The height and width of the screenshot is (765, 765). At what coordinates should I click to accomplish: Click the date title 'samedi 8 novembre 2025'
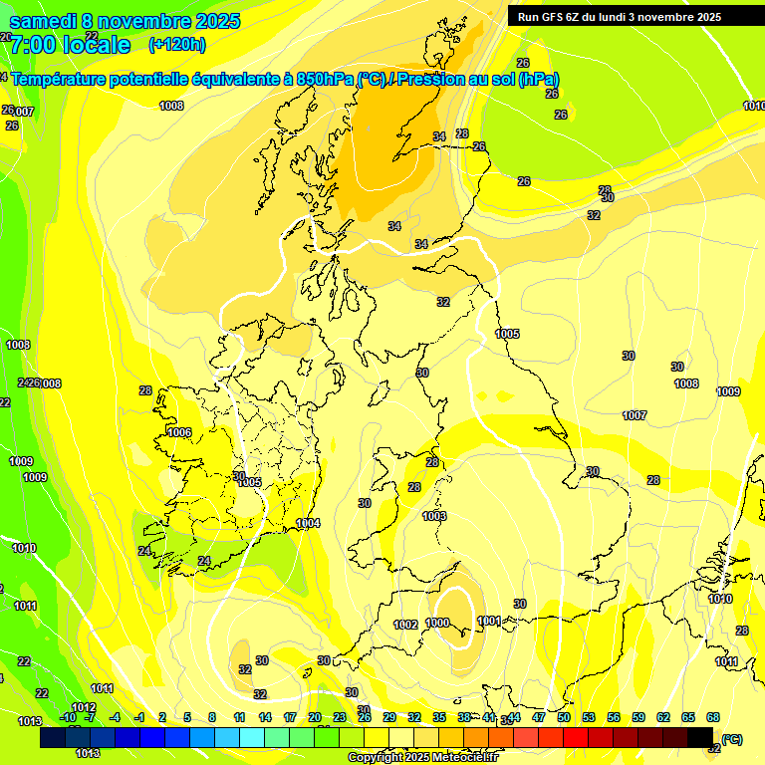(x=124, y=21)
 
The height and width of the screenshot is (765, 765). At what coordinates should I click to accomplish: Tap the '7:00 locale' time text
(x=70, y=45)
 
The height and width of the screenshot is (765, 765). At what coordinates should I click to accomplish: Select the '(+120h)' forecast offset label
(x=176, y=44)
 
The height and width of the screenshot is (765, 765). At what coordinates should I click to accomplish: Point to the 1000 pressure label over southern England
(x=437, y=623)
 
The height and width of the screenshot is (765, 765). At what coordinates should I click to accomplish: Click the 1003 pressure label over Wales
(x=433, y=516)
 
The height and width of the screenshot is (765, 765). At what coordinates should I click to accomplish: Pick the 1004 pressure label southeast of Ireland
(x=308, y=523)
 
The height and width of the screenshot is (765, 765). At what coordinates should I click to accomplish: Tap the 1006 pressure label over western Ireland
(x=179, y=432)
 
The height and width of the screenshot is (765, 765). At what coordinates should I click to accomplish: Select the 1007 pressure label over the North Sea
(x=635, y=415)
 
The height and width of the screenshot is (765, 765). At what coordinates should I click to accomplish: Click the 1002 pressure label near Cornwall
(x=405, y=625)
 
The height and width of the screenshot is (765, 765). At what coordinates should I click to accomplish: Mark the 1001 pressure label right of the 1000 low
(x=489, y=621)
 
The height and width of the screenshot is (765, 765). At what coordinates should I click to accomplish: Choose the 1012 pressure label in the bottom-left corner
(x=84, y=707)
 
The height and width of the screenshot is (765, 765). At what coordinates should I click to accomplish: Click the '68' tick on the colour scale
(x=713, y=717)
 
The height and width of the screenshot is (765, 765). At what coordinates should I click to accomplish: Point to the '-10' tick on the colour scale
(x=68, y=717)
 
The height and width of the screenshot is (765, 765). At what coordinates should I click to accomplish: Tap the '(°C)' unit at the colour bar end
(x=731, y=739)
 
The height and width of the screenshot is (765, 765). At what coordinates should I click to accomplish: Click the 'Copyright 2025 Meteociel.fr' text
(x=429, y=757)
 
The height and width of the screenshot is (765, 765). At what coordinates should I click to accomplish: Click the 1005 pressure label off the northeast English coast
(x=507, y=334)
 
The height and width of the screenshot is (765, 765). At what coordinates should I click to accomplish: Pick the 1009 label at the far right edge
(x=728, y=391)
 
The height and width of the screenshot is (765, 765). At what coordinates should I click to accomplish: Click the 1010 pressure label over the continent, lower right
(x=720, y=599)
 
